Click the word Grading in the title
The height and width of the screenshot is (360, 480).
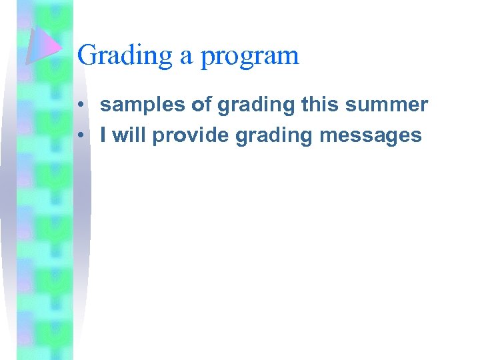pyautogui.click(x=125, y=55)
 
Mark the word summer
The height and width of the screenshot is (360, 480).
pyautogui.click(x=388, y=105)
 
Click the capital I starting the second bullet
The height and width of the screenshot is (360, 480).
pyautogui.click(x=103, y=135)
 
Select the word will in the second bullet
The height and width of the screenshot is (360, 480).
pyautogui.click(x=129, y=135)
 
